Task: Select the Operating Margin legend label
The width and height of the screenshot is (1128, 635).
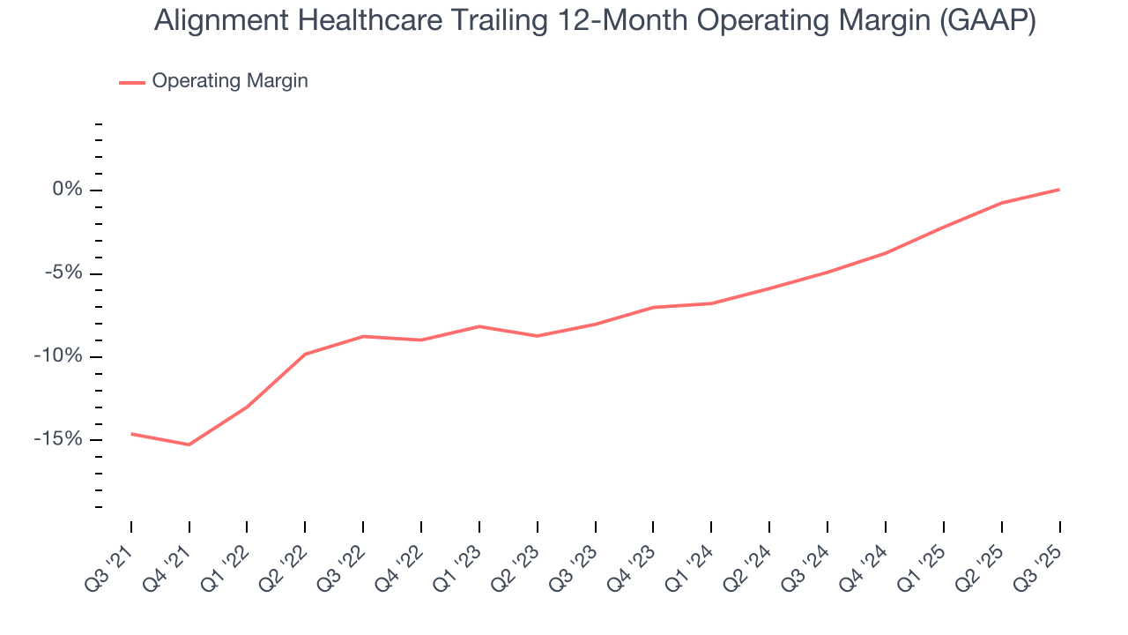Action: [230, 81]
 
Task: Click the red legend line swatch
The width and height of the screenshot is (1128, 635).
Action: [132, 82]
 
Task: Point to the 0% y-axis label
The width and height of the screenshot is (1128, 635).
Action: [67, 190]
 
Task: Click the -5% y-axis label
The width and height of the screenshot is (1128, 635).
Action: [64, 273]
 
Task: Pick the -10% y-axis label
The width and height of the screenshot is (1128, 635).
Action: [60, 356]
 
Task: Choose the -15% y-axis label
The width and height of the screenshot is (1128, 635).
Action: [60, 439]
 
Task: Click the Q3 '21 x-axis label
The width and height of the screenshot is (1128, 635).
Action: [110, 564]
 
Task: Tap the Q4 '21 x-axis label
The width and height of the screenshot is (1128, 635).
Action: [168, 564]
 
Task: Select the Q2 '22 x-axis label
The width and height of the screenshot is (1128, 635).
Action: [284, 564]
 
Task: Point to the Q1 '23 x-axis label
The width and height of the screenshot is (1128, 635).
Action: [458, 564]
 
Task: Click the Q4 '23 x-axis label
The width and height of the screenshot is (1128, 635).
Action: [632, 564]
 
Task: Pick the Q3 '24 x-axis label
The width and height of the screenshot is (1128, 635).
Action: [806, 564]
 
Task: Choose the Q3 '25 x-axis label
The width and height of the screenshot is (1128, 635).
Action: [1038, 564]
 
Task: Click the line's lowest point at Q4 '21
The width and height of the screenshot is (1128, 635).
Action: [189, 444]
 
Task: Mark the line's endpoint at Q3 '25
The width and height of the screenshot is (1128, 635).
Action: [1059, 190]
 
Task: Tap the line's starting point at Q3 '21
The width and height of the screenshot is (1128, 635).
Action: [131, 434]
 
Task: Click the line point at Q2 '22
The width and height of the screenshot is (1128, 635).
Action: [305, 354]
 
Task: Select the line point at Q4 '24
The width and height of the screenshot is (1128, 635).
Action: [885, 253]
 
